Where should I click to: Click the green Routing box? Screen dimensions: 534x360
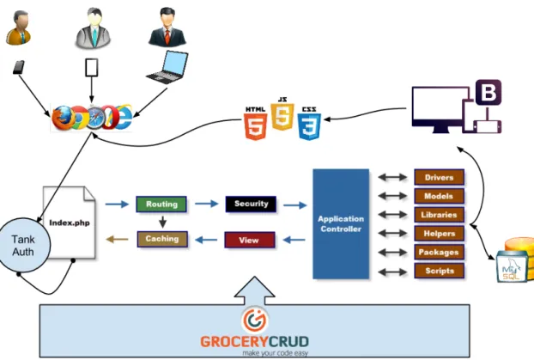[x=161, y=204]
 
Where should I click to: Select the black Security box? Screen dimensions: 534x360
[x=251, y=204]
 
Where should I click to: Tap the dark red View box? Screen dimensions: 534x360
[x=250, y=240]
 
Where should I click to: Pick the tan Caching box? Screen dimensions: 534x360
[x=162, y=239]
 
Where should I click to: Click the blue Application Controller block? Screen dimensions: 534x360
[x=341, y=223]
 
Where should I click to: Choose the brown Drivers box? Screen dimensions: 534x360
[x=440, y=177]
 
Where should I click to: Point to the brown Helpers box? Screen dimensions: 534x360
[x=440, y=234]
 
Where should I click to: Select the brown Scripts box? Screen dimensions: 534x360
[x=440, y=271]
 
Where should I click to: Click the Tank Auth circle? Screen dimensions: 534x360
[x=23, y=245]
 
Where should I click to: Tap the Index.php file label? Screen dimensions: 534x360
[x=70, y=223]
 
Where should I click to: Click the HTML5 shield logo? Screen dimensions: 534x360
[x=256, y=124]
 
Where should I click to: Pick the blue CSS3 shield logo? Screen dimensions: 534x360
[x=309, y=123]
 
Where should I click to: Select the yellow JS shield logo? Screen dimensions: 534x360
[x=282, y=113]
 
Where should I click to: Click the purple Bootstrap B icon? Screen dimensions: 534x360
[x=488, y=93]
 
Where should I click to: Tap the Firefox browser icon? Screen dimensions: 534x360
[x=64, y=119]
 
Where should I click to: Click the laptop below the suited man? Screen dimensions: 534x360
[x=167, y=68]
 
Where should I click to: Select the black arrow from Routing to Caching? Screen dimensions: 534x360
[x=162, y=222]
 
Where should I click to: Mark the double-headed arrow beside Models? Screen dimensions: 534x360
[x=392, y=196]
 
